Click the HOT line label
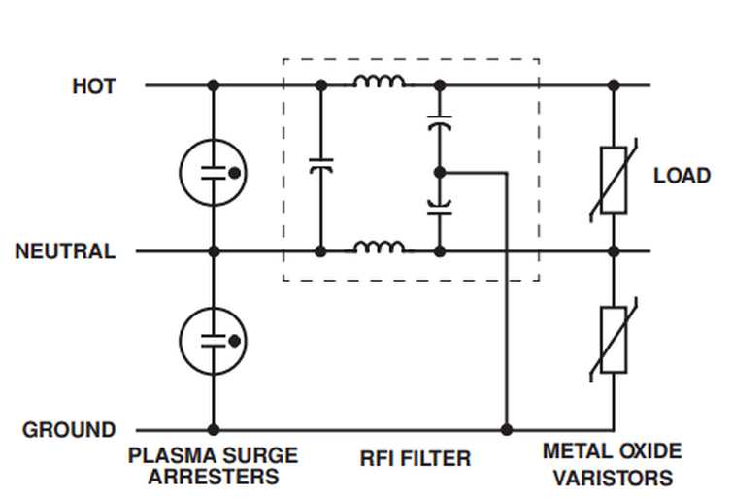pos(94,86)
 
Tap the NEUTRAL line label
pos(65,251)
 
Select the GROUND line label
pos(69,430)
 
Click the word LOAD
pos(682,176)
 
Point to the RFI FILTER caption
pos(416,458)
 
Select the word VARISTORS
pos(613,478)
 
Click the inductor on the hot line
pos(379,82)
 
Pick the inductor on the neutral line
pos(379,247)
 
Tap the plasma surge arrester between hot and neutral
pos(214,173)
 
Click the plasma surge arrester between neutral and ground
pos(214,341)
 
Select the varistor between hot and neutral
pos(614,181)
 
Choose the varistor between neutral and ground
pos(614,340)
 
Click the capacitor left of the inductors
pos(321,166)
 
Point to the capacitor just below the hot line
pos(440,122)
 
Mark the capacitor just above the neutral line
pos(440,207)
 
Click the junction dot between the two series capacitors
pos(440,173)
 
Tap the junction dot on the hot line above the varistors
pos(614,85)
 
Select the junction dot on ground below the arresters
pos(214,430)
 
